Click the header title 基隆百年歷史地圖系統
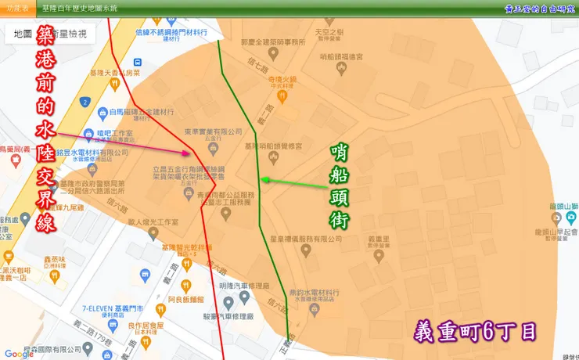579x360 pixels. [79, 8]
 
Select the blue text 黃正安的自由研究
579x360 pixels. [539, 8]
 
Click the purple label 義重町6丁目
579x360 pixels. [475, 332]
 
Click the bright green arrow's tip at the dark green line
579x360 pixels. [262, 180]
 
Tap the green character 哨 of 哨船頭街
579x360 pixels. [340, 149]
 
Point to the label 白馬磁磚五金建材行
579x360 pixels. [143, 112]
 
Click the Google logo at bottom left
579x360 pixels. [19, 354]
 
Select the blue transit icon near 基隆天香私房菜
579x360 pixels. [138, 62]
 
